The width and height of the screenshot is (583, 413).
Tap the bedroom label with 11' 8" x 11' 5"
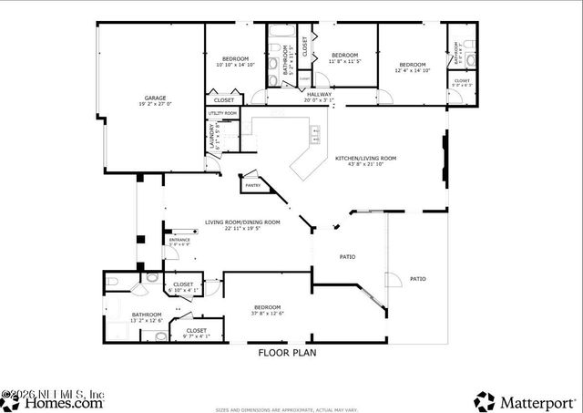(x=345, y=58)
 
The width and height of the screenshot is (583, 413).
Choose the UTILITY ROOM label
(x=222, y=113)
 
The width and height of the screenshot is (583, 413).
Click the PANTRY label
(x=252, y=185)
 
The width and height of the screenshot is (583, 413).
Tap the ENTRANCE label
(x=179, y=242)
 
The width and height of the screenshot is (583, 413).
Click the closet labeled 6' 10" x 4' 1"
(x=184, y=287)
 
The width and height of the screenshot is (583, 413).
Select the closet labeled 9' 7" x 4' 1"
(x=197, y=333)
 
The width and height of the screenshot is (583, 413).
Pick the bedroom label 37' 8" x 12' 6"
(x=267, y=310)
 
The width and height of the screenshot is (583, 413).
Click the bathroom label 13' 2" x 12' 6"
(x=121, y=316)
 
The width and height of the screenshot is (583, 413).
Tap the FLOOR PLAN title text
(x=288, y=353)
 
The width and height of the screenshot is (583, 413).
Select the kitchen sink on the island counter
(x=315, y=138)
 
